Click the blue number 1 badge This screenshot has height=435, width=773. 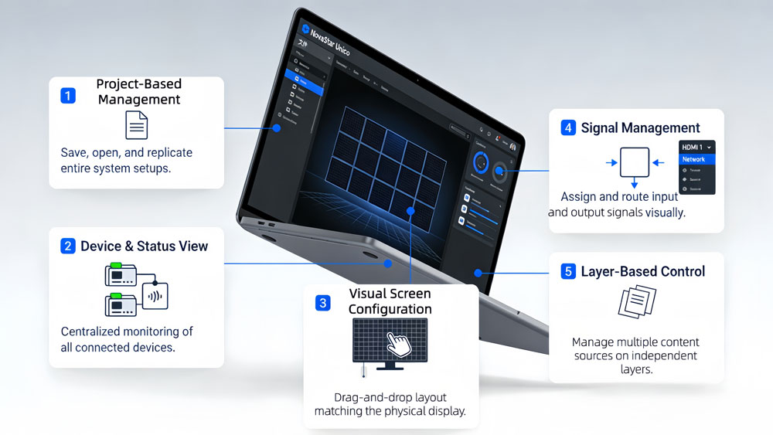click(68, 96)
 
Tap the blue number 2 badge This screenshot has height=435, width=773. click(68, 246)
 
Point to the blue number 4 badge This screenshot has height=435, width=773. click(569, 128)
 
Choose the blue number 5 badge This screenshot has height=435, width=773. click(569, 271)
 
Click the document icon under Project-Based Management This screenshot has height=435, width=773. click(136, 125)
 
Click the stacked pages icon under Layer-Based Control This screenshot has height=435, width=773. click(637, 302)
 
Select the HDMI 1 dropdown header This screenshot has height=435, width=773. click(696, 147)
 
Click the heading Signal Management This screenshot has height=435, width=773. click(640, 128)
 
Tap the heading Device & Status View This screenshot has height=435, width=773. click(145, 246)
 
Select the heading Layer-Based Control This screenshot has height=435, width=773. click(643, 271)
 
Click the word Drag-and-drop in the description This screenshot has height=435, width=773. click(355, 397)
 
